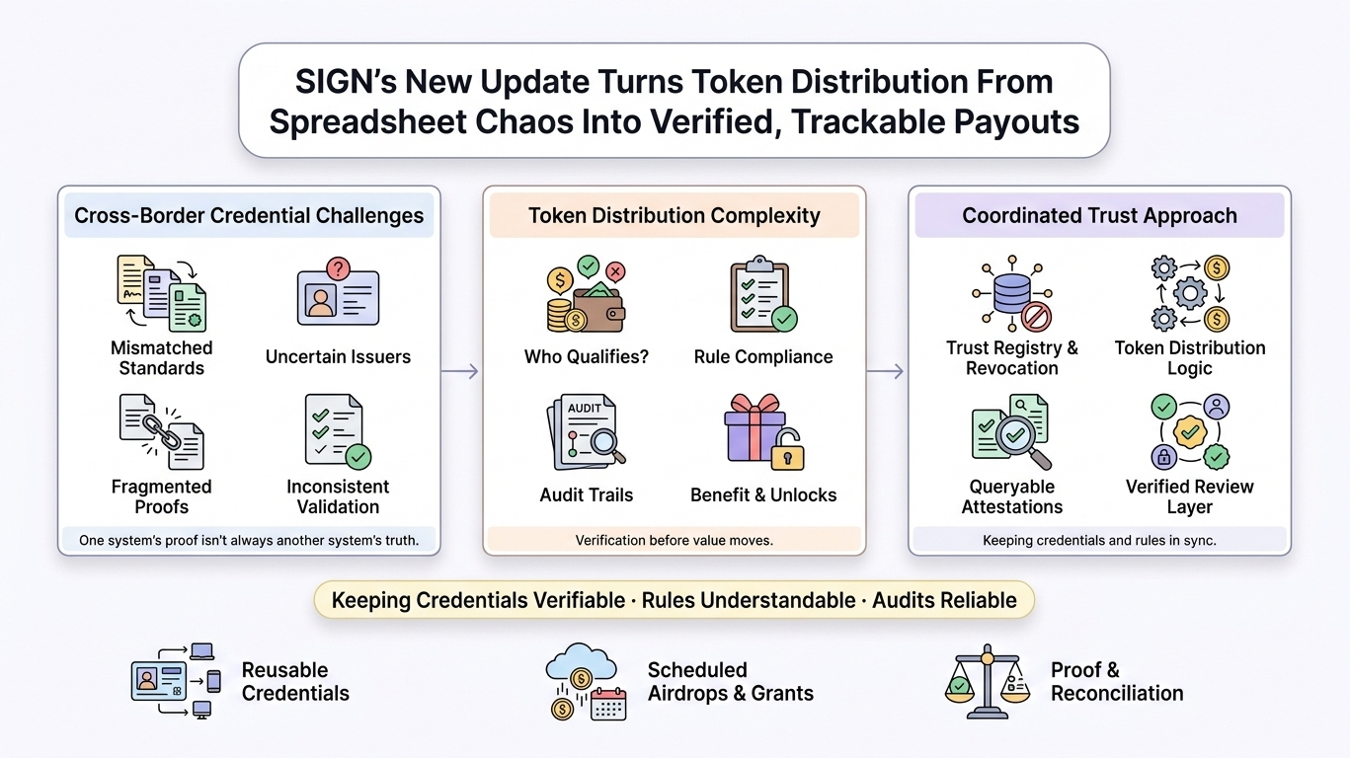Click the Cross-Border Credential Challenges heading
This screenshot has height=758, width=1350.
[x=249, y=216]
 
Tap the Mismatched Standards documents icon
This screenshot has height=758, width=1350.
[x=161, y=293]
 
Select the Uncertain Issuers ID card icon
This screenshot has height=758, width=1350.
[x=338, y=292]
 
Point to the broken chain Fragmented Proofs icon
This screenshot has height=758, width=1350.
[x=161, y=431]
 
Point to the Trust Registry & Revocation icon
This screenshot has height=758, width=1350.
[x=1011, y=294]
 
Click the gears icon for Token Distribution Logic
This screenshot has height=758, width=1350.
[x=1189, y=294]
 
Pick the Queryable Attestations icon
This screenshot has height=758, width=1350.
[x=1011, y=431]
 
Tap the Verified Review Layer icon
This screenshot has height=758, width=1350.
[x=1189, y=431]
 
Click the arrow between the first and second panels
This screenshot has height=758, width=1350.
[x=460, y=371]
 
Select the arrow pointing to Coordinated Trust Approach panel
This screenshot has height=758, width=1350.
[x=886, y=371]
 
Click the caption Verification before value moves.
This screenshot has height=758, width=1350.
[x=674, y=540]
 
